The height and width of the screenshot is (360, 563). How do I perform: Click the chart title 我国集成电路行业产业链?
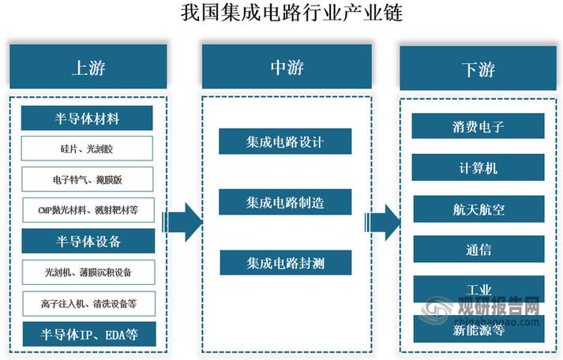pyautogui.click(x=291, y=13)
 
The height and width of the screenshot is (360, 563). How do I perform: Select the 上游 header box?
pyautogui.click(x=88, y=66)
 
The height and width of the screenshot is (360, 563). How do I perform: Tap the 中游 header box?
pyautogui.click(x=287, y=66)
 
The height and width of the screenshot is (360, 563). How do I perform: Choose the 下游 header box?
pyautogui.click(x=479, y=68)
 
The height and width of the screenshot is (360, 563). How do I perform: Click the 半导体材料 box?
pyautogui.click(x=87, y=118)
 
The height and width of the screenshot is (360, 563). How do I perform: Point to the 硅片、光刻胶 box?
pyautogui.click(x=87, y=148)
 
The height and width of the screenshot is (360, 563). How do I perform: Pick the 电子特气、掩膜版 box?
pyautogui.click(x=88, y=179)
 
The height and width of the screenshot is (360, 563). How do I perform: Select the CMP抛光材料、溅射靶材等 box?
pyautogui.click(x=88, y=210)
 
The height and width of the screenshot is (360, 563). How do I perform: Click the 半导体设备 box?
pyautogui.click(x=88, y=241)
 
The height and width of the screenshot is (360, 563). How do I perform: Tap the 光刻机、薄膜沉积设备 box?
pyautogui.click(x=88, y=272)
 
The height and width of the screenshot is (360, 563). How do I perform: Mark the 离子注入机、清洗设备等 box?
pyautogui.click(x=89, y=304)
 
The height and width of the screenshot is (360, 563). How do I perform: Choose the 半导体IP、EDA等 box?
pyautogui.click(x=89, y=334)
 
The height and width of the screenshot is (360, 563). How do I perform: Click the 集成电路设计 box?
pyautogui.click(x=285, y=141)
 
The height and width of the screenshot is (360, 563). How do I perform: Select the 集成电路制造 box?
pyautogui.click(x=285, y=202)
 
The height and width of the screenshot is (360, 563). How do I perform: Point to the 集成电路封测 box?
pyautogui.click(x=286, y=263)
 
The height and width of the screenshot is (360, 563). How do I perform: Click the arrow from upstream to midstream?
pyautogui.click(x=182, y=222)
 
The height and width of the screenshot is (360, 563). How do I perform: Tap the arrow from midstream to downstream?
pyautogui.click(x=382, y=223)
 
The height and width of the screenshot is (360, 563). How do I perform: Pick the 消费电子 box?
pyautogui.click(x=478, y=126)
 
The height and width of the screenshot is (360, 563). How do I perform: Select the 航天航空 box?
pyautogui.click(x=479, y=209)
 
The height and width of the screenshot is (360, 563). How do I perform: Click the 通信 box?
pyautogui.click(x=479, y=249)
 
